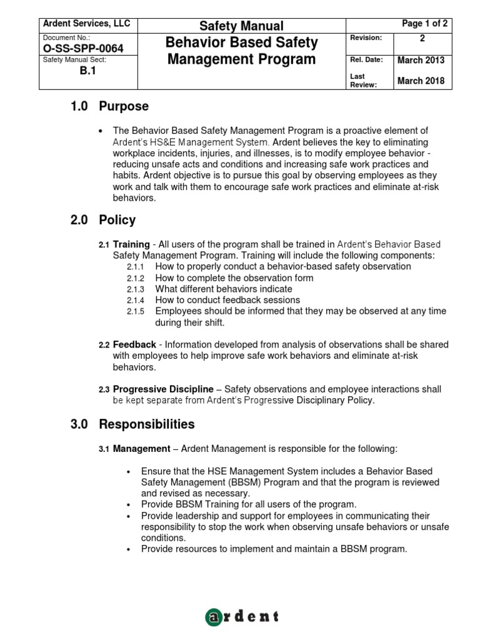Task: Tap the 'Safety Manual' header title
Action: point(241,26)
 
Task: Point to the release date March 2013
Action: point(421,60)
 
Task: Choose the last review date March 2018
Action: point(421,81)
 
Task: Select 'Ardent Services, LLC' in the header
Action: point(86,24)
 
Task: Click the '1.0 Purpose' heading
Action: point(109,106)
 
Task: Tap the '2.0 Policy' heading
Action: point(103,220)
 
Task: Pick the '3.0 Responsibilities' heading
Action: point(132,424)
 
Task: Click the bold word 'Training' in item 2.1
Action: point(131,244)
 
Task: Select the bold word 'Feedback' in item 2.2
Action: point(134,345)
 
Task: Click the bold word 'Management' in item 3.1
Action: point(141,449)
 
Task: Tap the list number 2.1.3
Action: point(135,289)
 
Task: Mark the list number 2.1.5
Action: point(135,311)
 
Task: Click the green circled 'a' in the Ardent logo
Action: point(214,617)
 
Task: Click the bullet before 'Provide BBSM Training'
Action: point(129,505)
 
